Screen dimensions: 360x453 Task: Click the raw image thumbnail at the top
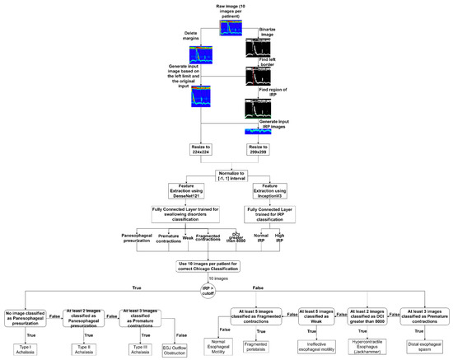click(x=231, y=28)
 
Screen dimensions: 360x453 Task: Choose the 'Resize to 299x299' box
click(x=264, y=154)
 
